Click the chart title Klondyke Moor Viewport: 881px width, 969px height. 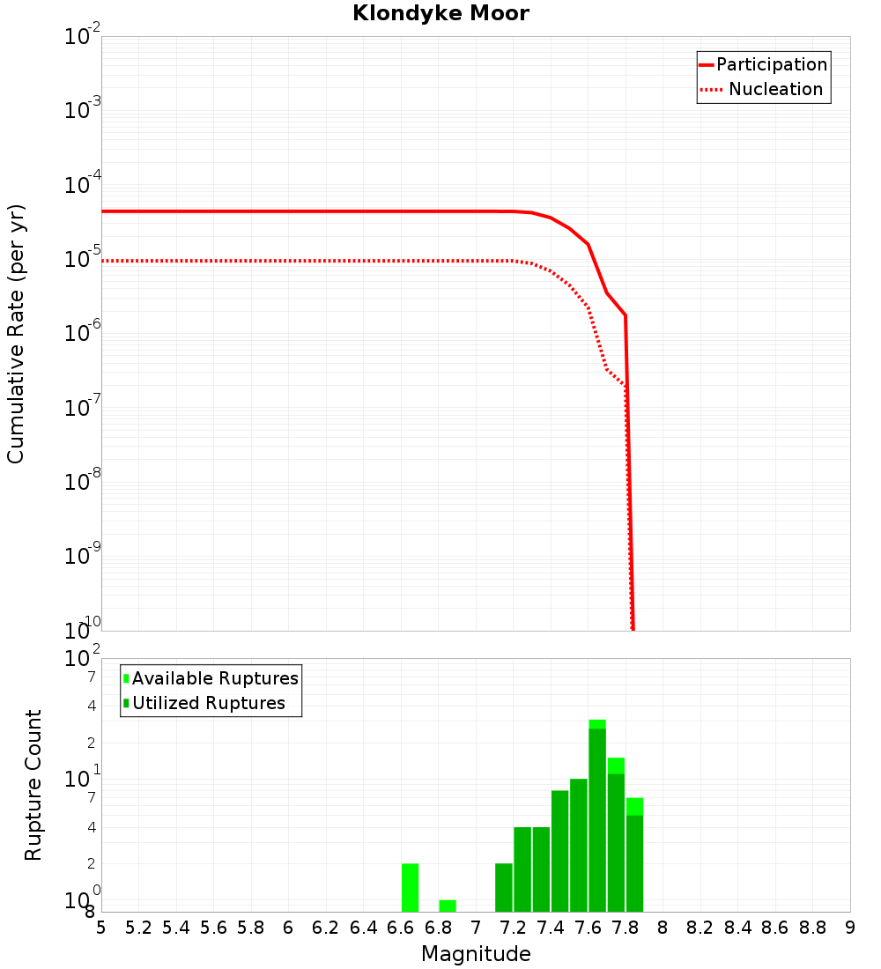click(x=440, y=13)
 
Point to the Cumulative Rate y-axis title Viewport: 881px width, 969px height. click(x=16, y=333)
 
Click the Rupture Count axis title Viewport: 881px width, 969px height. click(x=33, y=785)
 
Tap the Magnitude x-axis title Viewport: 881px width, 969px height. click(x=476, y=954)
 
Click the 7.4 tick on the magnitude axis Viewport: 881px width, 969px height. click(x=551, y=928)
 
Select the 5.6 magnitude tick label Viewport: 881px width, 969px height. click(x=213, y=928)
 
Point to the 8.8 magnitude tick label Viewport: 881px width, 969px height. click(x=812, y=928)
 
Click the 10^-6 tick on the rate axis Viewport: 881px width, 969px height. click(x=83, y=332)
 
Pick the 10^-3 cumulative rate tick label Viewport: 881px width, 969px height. click(x=83, y=109)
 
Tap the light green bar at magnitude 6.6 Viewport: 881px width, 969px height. click(x=410, y=887)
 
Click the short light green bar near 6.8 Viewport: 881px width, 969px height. click(x=448, y=906)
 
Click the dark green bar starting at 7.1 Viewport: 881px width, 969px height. click(x=504, y=887)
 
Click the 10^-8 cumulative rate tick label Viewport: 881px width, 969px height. click(x=83, y=481)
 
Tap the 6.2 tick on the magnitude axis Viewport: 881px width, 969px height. click(x=326, y=928)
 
